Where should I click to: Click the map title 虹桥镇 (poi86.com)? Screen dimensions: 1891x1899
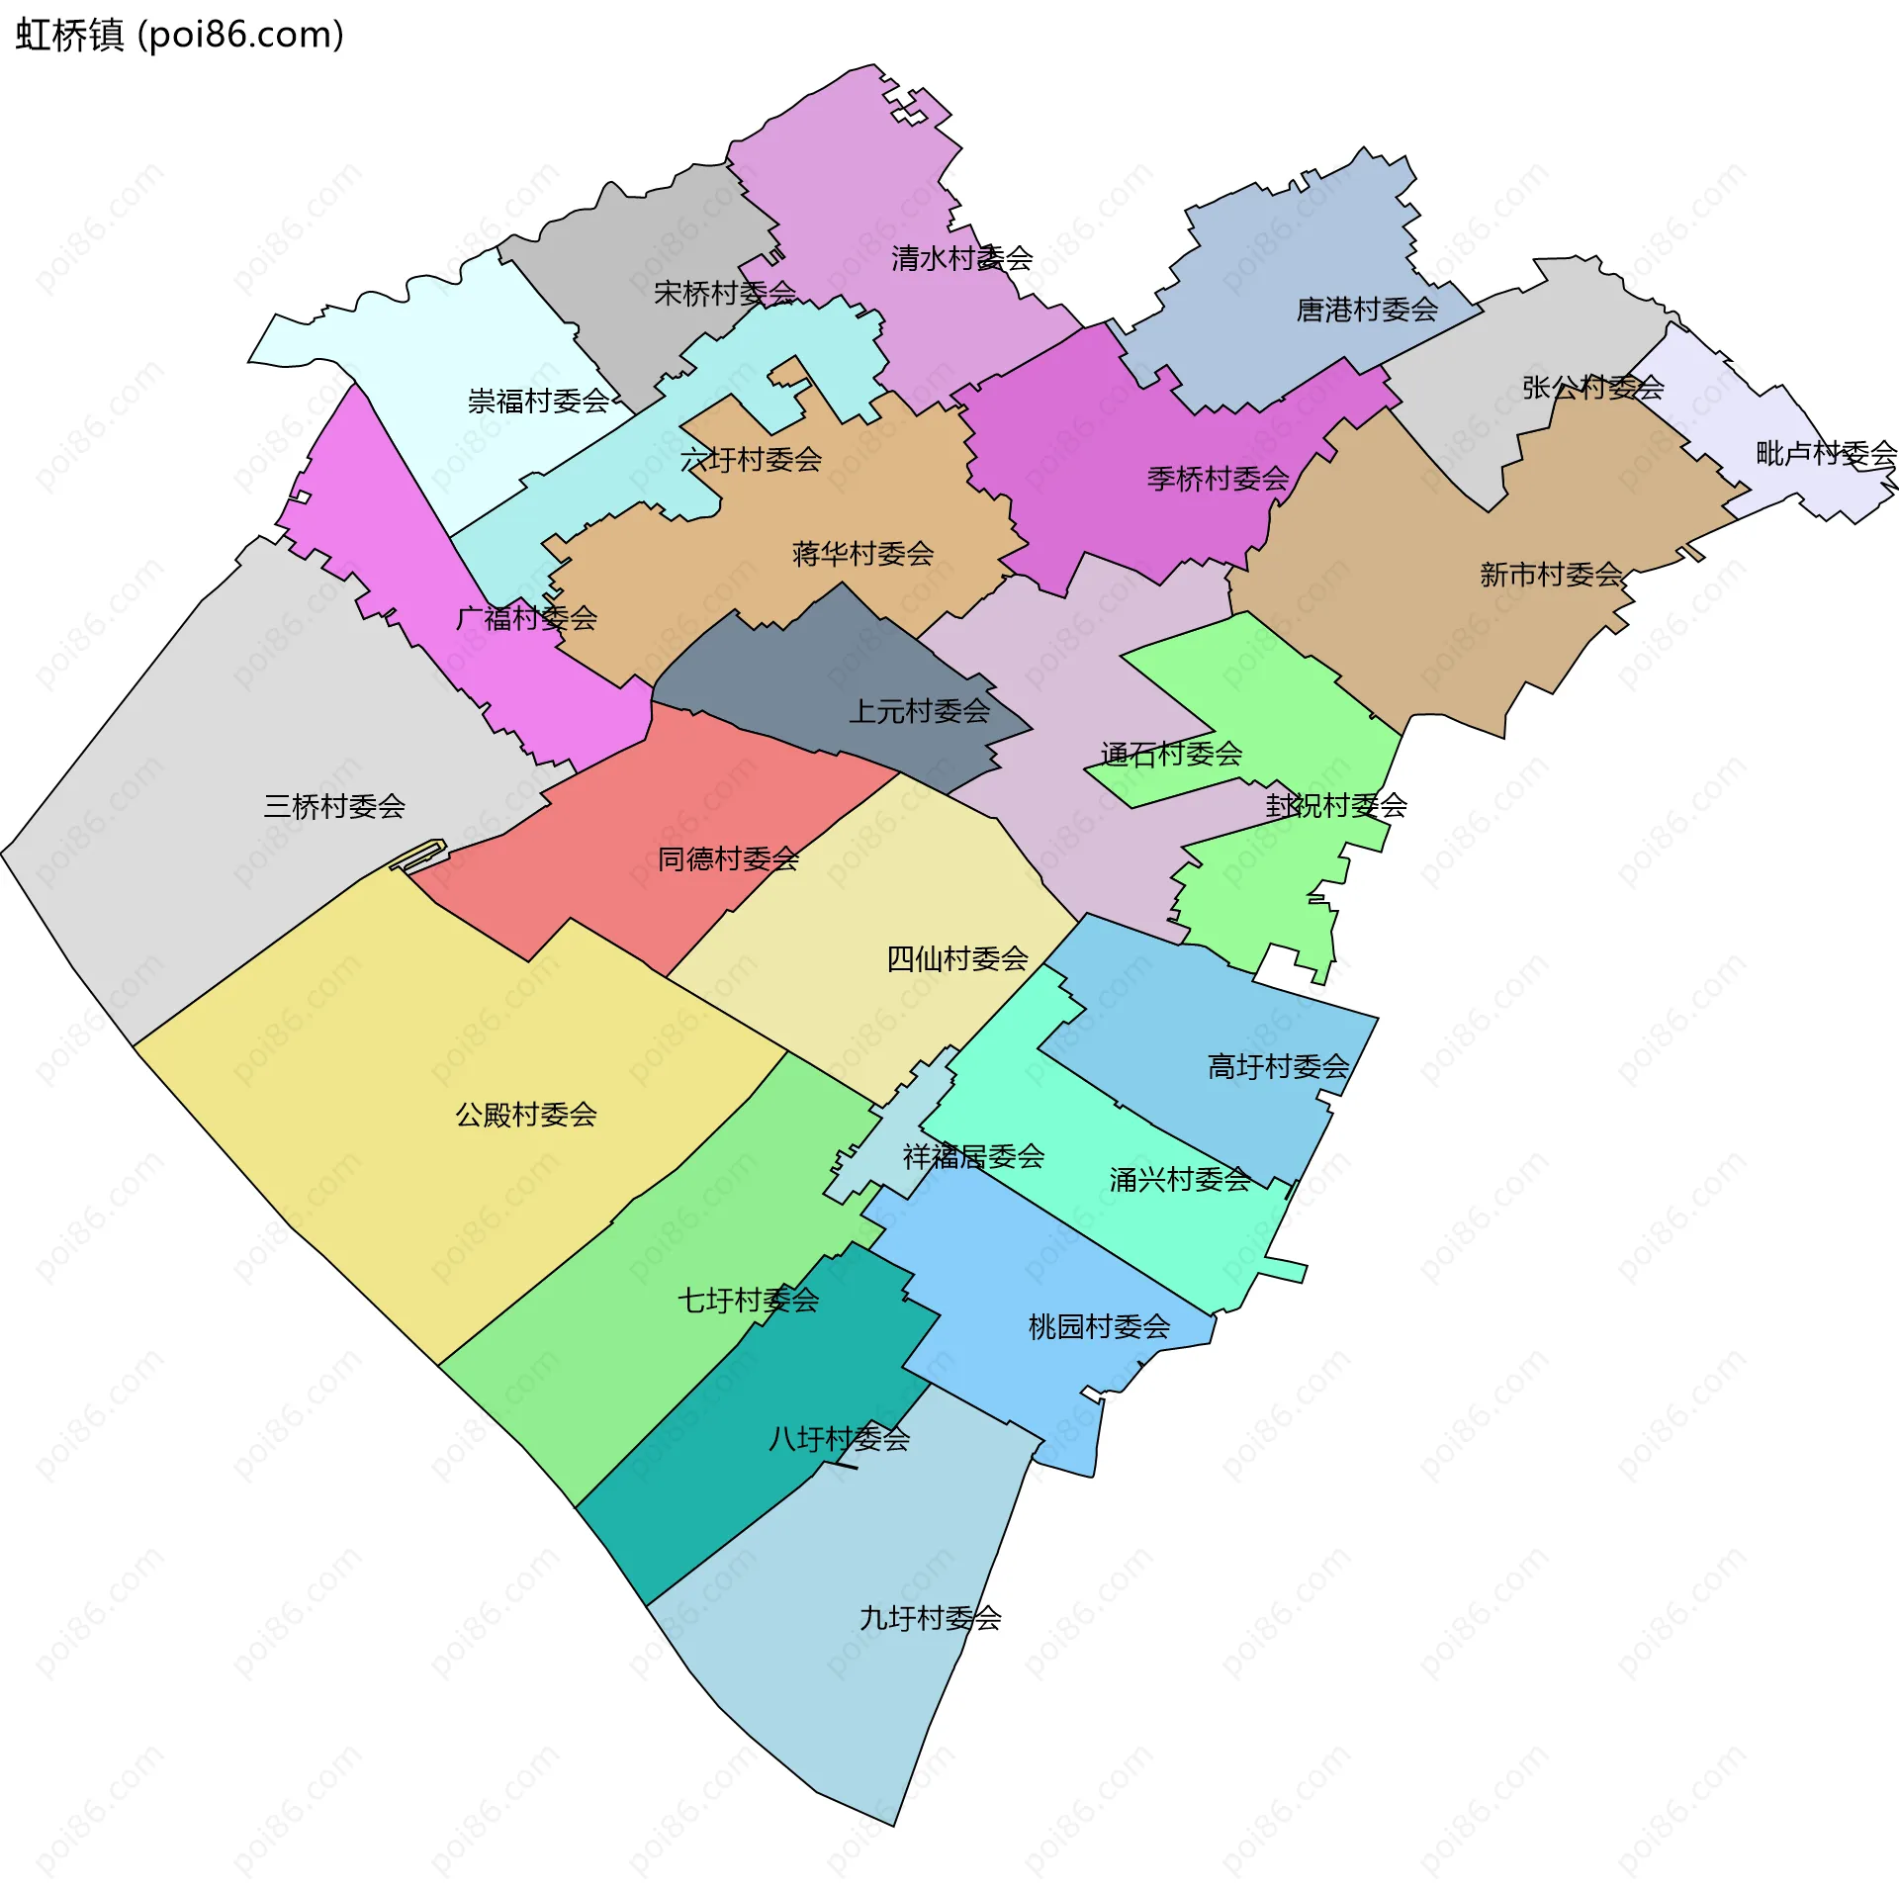180,36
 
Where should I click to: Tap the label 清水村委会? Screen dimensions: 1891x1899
961,259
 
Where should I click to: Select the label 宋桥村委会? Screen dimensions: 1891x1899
725,293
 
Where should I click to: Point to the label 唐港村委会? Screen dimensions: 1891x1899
1367,311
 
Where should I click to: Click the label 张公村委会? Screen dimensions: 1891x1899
1592,388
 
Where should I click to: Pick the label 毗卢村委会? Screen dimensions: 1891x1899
1826,454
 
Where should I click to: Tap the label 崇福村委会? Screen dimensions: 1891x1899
538,402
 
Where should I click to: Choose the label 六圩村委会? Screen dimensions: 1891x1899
751,460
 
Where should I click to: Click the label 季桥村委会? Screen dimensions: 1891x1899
1218,480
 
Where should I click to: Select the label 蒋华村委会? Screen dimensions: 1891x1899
862,554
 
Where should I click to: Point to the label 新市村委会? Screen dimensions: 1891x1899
1551,575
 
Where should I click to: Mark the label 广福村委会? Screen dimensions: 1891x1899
526,619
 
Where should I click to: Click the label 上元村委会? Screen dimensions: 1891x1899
919,711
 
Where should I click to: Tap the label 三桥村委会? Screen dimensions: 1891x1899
334,807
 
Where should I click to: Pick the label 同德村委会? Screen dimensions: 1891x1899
728,859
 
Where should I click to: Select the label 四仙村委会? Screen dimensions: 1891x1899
956,959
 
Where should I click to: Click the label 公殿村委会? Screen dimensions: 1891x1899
526,1116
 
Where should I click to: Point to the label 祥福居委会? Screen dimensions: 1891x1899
973,1157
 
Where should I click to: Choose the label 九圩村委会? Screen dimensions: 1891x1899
930,1619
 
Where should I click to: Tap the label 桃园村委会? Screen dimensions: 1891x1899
1099,1327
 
